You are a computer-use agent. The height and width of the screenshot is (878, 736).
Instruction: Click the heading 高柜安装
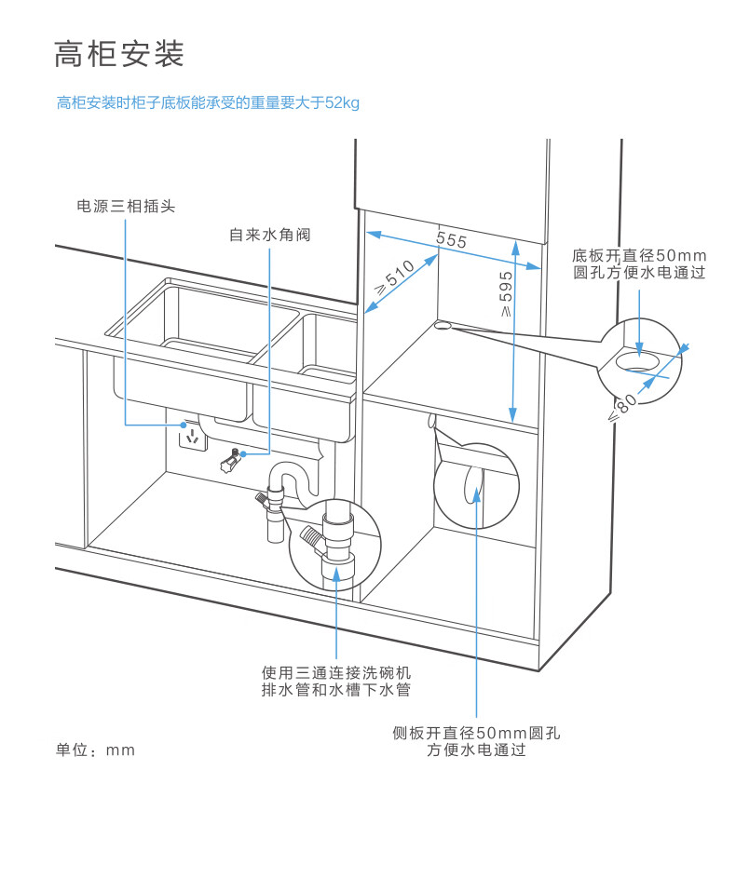pyautogui.click(x=119, y=54)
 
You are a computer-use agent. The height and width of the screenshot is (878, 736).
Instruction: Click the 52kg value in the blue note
pyautogui.click(x=342, y=103)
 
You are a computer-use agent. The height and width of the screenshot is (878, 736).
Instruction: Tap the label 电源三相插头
pyautogui.click(x=126, y=206)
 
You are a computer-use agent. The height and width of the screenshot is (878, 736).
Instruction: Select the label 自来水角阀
pyautogui.click(x=270, y=234)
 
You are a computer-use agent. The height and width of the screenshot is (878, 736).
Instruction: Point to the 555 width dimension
pyautogui.click(x=452, y=240)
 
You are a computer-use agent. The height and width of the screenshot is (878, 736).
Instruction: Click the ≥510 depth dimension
pyautogui.click(x=395, y=278)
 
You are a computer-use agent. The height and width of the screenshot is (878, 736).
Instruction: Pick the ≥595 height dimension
pyautogui.click(x=505, y=294)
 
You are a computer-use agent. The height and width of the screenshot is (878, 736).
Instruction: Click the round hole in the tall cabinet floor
pyautogui.click(x=443, y=325)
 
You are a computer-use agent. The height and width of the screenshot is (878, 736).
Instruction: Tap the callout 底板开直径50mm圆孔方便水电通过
pyautogui.click(x=639, y=263)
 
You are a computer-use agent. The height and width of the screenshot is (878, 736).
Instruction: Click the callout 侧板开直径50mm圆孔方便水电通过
pyautogui.click(x=476, y=741)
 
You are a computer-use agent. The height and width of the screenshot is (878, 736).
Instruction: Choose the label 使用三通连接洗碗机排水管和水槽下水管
pyautogui.click(x=336, y=681)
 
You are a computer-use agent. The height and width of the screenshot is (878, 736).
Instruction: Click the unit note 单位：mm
pyautogui.click(x=95, y=750)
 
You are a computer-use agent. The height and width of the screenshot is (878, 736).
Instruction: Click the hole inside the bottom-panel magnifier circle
pyautogui.click(x=639, y=362)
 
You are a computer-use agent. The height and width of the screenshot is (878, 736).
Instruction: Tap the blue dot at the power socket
pyautogui.click(x=184, y=425)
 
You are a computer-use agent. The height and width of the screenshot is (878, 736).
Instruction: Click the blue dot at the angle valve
pyautogui.click(x=243, y=453)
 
